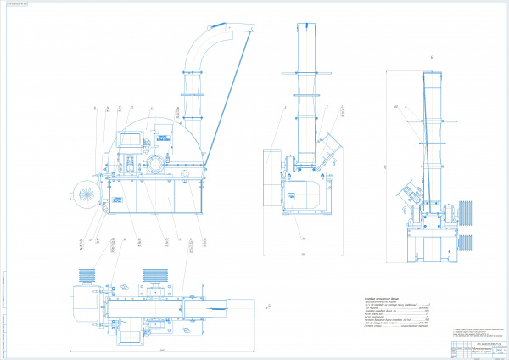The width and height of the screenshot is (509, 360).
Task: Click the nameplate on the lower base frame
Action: [119, 199]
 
